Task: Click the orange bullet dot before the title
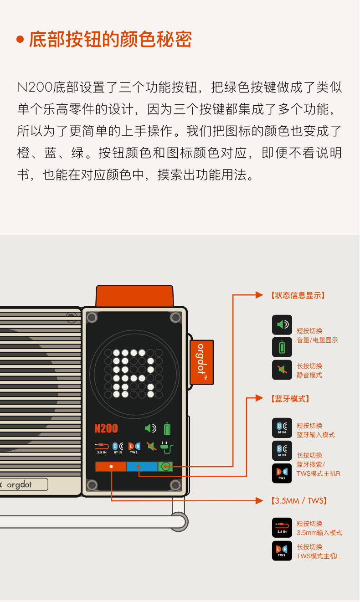coord(20,40)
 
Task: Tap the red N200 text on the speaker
coord(106,428)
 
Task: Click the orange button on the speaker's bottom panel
coord(111,467)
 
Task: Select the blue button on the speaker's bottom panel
coord(142,467)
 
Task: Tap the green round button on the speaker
coord(165,467)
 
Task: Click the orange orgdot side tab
coord(202,362)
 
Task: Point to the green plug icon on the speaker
coord(167,448)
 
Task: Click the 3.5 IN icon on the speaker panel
coord(102,448)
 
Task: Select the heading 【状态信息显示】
coord(298,295)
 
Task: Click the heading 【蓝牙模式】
coord(290,399)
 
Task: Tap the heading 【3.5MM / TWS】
coord(299,501)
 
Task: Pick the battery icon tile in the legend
coord(282,347)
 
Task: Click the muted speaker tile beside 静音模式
coord(282,370)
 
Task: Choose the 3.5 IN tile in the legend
coord(282,528)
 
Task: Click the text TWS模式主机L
coord(318,556)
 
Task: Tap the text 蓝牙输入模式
coord(316,435)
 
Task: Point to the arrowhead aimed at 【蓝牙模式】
coord(259,398)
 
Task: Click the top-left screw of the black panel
coord(92,317)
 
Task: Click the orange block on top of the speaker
coord(134,296)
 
